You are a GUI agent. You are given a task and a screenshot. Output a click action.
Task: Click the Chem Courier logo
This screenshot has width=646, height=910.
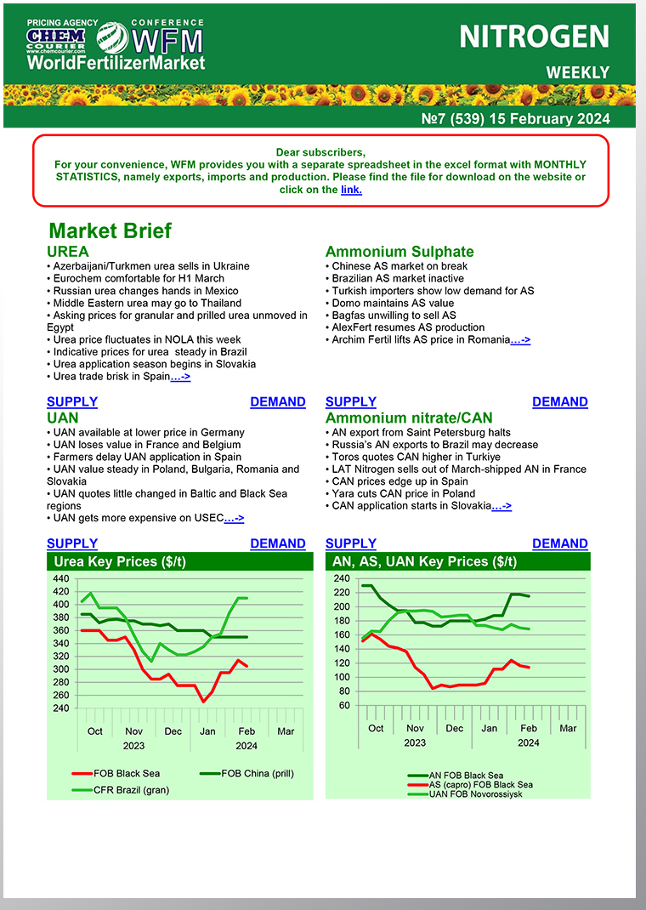coord(56,37)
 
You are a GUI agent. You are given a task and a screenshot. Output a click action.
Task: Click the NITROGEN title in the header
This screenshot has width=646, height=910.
coord(534,37)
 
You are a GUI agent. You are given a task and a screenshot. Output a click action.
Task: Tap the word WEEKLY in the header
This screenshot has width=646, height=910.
coord(577,72)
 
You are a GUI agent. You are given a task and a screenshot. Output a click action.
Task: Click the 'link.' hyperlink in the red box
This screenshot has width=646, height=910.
coord(351,190)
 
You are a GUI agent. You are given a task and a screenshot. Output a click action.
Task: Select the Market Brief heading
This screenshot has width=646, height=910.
coord(110,230)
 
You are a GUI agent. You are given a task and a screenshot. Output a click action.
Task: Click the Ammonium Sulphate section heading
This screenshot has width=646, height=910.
coord(399,252)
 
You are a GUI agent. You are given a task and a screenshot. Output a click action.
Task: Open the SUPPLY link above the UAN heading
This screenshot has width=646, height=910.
coord(72,401)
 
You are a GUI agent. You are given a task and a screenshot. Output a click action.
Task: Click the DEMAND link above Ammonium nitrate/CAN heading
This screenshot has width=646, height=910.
coord(559,401)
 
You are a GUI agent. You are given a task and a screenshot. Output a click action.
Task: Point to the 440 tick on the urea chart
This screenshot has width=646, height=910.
coord(60,579)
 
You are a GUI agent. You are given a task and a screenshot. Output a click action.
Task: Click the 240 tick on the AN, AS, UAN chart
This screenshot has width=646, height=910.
coord(342,579)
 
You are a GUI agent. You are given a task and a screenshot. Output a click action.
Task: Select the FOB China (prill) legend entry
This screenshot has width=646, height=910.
coord(258,773)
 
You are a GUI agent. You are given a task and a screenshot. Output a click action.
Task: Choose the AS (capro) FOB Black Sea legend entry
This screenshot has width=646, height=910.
coord(481,784)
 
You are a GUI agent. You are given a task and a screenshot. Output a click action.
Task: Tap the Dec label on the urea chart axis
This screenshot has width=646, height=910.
coord(173,731)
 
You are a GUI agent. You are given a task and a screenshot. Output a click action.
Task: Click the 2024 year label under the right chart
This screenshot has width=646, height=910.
coord(529,742)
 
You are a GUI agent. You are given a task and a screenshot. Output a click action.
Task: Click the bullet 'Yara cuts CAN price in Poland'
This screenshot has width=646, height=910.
coord(399,493)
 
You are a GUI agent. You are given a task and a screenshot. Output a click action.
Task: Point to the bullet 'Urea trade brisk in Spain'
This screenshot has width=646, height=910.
coord(110,376)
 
